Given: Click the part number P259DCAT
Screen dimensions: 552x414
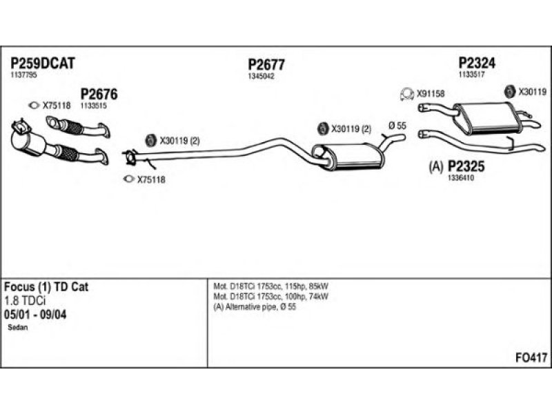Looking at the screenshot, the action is (43, 63).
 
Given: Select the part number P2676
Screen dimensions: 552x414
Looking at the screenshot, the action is (99, 94).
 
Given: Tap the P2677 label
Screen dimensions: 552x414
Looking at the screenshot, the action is (266, 65).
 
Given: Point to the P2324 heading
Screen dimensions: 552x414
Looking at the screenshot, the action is (477, 63).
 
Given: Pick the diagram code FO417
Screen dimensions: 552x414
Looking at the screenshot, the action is (531, 357).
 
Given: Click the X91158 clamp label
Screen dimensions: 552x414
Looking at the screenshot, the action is (431, 94).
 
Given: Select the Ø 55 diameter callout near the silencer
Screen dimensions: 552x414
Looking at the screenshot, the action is (397, 126).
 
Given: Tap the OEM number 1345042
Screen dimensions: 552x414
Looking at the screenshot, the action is (261, 77).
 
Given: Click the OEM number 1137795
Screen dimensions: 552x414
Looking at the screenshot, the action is (23, 75).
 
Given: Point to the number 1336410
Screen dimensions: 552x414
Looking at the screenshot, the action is (460, 178).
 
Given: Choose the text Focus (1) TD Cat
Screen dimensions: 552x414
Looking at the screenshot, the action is (46, 287).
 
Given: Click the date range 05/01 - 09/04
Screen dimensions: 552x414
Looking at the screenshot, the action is (35, 315).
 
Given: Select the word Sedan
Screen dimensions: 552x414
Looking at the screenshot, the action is (18, 327).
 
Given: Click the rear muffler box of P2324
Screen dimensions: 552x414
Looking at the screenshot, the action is (486, 118).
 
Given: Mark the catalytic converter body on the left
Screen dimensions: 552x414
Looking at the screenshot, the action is (28, 141).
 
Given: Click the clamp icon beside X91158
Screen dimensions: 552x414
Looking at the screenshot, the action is (407, 94).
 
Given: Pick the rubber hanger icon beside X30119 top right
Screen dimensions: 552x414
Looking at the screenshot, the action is (509, 92).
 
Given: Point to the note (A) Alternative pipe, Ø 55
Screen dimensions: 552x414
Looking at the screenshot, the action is (255, 307).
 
